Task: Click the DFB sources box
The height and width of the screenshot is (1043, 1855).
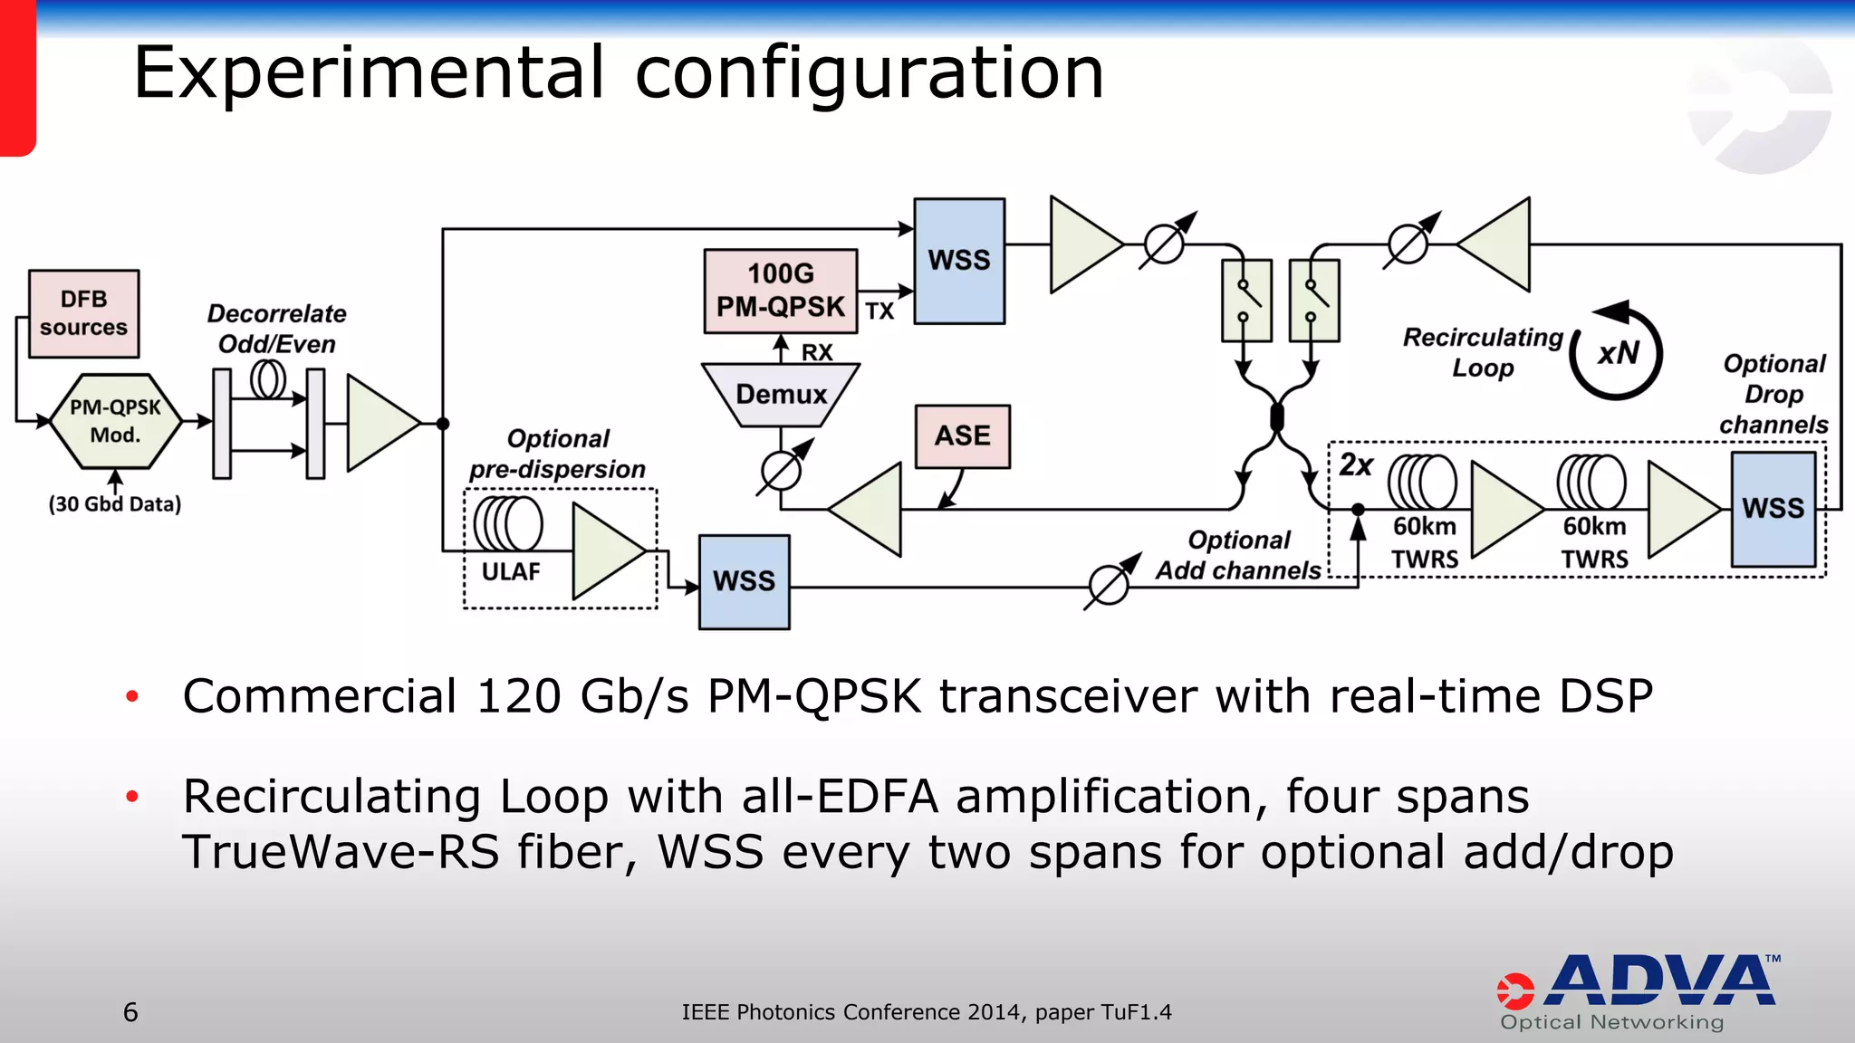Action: [83, 313]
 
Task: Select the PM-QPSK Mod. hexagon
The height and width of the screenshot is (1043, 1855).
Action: [115, 421]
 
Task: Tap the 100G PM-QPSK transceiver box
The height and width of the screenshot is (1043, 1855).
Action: [780, 291]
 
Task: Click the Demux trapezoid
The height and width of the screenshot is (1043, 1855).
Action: [781, 395]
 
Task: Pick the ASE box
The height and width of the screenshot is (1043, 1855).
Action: [962, 435]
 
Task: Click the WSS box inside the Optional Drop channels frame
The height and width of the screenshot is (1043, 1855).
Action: [1773, 509]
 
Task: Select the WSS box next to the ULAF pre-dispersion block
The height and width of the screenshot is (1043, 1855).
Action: [744, 581]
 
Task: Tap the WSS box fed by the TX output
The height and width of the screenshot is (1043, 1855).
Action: [959, 261]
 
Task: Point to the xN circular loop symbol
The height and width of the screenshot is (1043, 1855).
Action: [1618, 353]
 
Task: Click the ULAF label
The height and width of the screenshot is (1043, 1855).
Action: [511, 572]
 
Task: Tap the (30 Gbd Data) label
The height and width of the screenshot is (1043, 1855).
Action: [115, 504]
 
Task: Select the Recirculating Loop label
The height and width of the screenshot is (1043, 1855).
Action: [1483, 352]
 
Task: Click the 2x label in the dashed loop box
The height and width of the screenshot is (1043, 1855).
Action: [1356, 465]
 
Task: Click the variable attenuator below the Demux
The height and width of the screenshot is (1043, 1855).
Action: [782, 469]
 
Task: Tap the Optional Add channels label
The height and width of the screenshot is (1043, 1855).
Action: [1238, 555]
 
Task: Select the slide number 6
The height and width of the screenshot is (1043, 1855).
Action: [130, 1012]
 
